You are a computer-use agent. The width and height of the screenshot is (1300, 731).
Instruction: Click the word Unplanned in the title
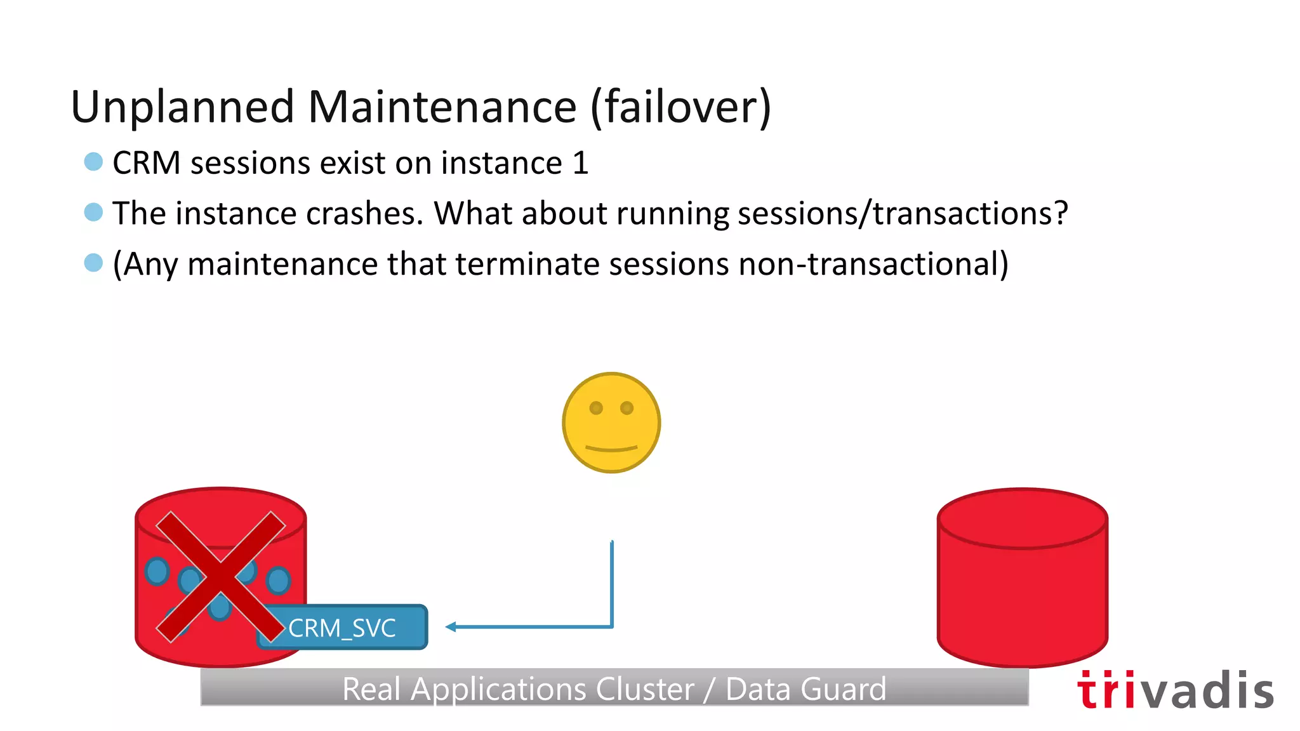coord(183,107)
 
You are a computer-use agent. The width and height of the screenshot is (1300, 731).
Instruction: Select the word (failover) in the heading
coord(680,107)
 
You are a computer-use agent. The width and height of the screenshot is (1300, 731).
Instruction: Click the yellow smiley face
coord(611,423)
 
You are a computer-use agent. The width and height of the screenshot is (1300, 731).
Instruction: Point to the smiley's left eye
coord(596,408)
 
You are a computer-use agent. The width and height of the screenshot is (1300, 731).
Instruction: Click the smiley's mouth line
coord(611,449)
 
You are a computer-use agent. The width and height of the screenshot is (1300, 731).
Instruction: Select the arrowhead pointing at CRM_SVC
coord(451,627)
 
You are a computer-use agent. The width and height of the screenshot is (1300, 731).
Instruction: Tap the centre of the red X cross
coord(220,576)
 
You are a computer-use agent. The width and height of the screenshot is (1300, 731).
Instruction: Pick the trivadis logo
coord(1175,690)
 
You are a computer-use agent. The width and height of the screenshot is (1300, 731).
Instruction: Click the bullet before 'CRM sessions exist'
coord(93,162)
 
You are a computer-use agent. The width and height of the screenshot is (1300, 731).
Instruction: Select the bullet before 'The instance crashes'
coord(93,212)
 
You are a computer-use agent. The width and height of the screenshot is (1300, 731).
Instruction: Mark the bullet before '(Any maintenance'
coord(93,262)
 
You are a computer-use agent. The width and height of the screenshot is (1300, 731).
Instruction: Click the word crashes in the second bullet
coord(364,213)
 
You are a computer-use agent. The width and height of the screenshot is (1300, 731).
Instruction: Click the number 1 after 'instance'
coord(580,163)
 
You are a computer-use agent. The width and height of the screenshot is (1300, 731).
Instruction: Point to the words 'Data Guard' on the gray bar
coord(806,689)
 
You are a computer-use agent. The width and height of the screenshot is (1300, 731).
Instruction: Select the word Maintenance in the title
coord(442,107)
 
